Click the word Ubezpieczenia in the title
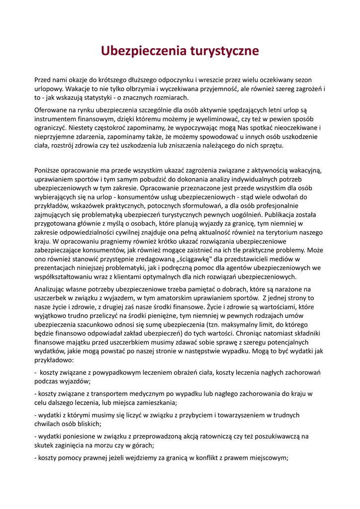[x=143, y=51]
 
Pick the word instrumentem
[x=56, y=119]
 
